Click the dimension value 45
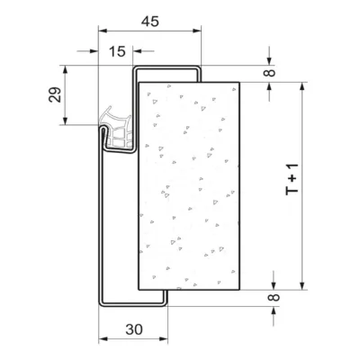pos(150,22)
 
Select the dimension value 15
pos(117,51)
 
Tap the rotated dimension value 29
pos(55,94)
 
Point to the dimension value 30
pos(134,329)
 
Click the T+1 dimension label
pos(292,179)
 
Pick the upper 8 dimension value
pos(271,73)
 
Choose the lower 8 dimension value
pos(274,297)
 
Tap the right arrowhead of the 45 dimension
pos(197,31)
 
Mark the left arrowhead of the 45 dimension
pos(103,31)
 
